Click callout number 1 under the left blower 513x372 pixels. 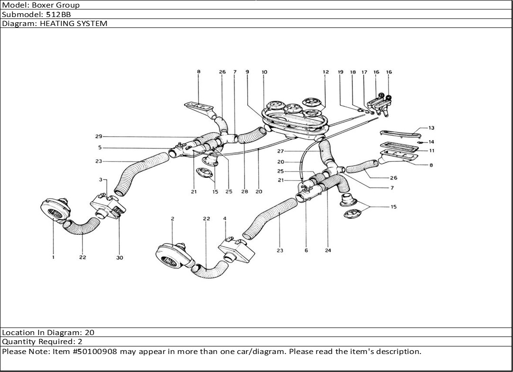[x=54, y=257]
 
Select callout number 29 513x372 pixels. [x=99, y=137]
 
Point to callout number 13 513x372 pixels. [x=431, y=128]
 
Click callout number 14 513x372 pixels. [x=431, y=142]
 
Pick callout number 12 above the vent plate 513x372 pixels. [x=325, y=72]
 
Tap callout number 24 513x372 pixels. [x=328, y=250]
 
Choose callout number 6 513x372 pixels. [x=306, y=250]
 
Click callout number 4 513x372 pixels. [x=225, y=219]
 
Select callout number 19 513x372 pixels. [x=340, y=72]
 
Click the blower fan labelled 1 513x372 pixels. [x=55, y=210]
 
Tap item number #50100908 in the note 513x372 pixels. [x=99, y=352]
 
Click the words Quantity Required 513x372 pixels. [x=36, y=342]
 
